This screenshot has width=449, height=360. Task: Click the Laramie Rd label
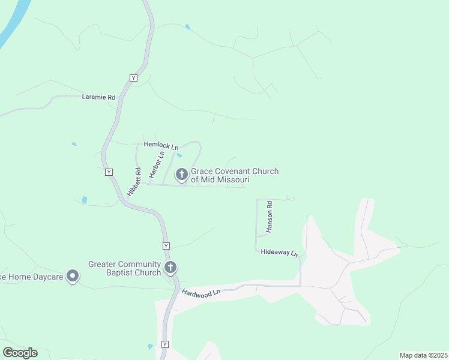pos(98,97)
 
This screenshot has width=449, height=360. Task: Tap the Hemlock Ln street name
pos(161,146)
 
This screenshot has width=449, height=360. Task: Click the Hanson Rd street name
pos(270,217)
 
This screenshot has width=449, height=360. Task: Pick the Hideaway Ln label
pos(279,253)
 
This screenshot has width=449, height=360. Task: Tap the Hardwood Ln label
pos(202,292)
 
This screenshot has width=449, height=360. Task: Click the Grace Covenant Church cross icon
pos(181,175)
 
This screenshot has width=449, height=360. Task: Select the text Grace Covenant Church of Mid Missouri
pos(235,175)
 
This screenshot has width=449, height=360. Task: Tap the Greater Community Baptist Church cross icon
pos(170,267)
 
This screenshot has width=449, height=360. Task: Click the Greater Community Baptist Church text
pos(124,268)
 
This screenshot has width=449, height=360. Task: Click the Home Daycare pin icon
pos(73,276)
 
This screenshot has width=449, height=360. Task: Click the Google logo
pos(20,353)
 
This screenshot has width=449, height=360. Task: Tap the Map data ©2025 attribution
pos(423,355)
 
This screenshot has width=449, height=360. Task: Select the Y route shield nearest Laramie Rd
pos(133,78)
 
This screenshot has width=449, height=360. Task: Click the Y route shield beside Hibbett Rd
pos(109,172)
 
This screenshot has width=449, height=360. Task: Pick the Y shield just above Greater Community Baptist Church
pos(166,246)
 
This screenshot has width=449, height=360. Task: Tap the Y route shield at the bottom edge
pos(165,345)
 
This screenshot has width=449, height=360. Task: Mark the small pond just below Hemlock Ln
pos(179,156)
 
